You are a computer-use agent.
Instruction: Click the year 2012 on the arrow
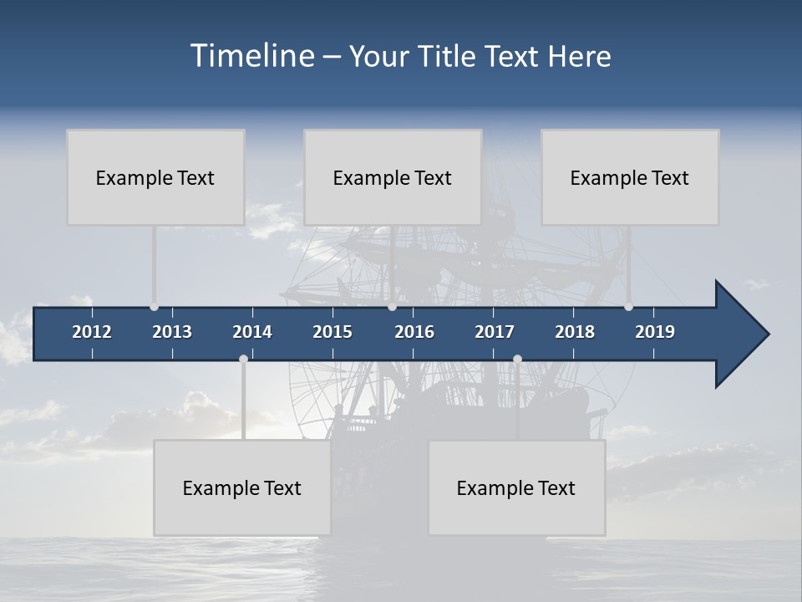click(x=92, y=332)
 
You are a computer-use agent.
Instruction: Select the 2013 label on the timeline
click(x=172, y=332)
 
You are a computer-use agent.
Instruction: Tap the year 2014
click(x=252, y=332)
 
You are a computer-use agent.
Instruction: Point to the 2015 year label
click(x=332, y=332)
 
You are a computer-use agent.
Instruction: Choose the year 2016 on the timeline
click(x=414, y=332)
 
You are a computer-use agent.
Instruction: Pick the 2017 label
click(x=495, y=332)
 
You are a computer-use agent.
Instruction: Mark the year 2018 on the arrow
click(x=575, y=332)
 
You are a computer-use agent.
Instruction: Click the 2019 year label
click(x=655, y=332)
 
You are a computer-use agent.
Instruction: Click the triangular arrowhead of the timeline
click(x=739, y=334)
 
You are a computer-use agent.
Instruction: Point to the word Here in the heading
click(x=579, y=56)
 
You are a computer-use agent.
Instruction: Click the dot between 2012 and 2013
click(x=154, y=307)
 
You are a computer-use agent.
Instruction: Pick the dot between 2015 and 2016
click(x=392, y=307)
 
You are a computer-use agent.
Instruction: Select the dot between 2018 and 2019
click(x=628, y=307)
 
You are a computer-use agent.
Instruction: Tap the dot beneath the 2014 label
click(x=243, y=360)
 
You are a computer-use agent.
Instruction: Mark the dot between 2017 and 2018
click(x=517, y=360)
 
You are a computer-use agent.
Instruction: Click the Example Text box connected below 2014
click(x=242, y=488)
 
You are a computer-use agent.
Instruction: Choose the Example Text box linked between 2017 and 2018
click(x=516, y=488)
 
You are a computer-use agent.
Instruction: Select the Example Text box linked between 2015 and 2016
click(x=393, y=177)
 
